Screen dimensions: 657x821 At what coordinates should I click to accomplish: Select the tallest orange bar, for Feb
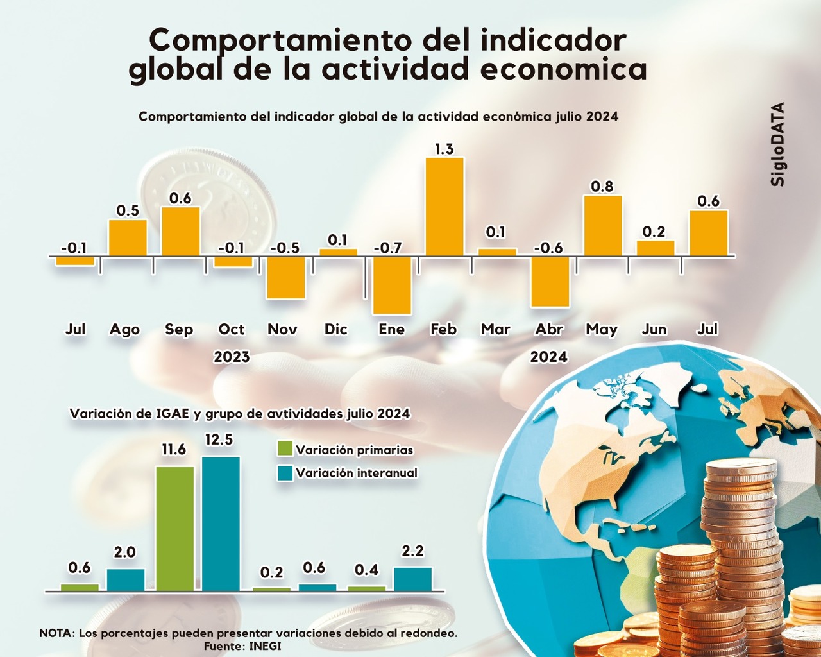[444, 207]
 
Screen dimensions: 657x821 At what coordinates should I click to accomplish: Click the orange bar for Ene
[392, 285]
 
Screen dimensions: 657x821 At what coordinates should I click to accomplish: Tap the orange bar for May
[602, 226]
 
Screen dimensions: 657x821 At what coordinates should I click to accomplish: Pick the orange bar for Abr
[550, 281]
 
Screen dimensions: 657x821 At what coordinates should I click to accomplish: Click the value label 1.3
[444, 149]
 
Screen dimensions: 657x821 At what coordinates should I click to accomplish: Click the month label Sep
[179, 329]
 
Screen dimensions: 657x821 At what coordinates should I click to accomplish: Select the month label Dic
[336, 329]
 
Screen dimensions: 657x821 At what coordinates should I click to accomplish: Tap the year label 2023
[232, 357]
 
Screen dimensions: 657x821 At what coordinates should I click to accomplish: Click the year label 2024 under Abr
[548, 357]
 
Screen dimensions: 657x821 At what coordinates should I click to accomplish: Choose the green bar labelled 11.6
[175, 528]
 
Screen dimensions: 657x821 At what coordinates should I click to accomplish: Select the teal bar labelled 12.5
[221, 524]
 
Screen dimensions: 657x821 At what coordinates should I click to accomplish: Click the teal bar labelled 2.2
[413, 579]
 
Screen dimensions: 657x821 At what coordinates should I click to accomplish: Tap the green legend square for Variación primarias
[285, 449]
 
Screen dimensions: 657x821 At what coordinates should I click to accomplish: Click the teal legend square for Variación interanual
[285, 473]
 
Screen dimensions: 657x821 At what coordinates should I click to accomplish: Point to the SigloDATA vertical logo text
[778, 144]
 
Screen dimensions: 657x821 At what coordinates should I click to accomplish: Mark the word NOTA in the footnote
[56, 633]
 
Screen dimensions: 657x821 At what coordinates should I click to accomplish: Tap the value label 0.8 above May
[602, 187]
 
